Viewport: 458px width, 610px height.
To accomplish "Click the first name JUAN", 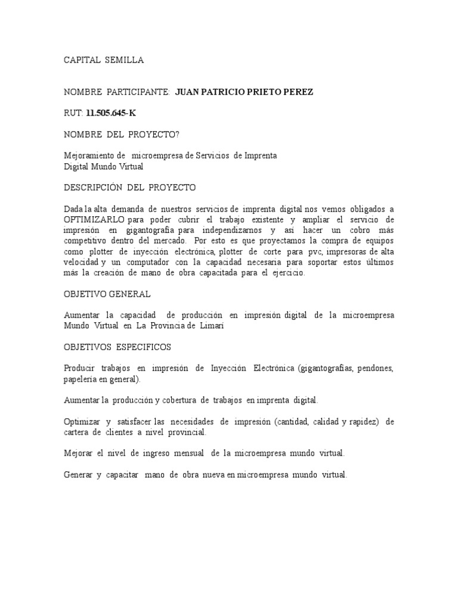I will click(189, 92).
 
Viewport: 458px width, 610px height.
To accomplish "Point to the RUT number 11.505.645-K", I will click(115, 113).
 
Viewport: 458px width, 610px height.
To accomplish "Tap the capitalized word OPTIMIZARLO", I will click(94, 219).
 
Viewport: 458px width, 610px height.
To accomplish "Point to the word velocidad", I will click(81, 262).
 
